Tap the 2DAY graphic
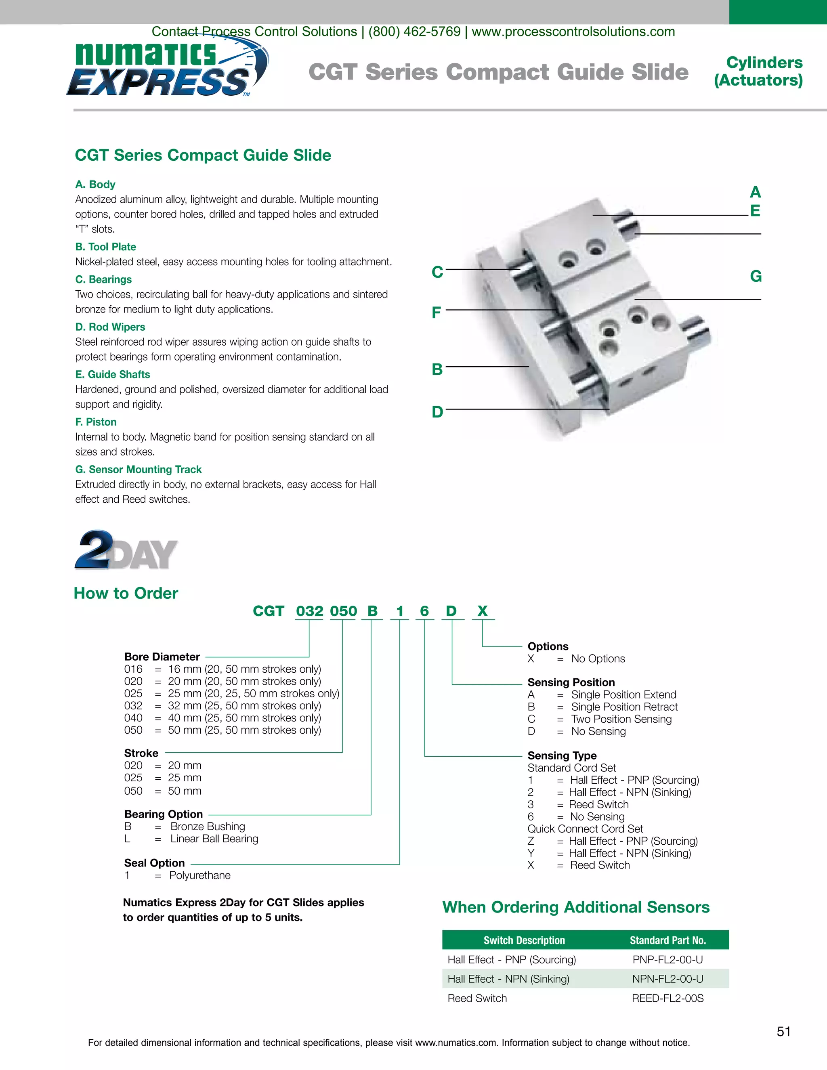126,550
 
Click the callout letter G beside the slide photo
756,276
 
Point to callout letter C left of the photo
437,272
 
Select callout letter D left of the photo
437,411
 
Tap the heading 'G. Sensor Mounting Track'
138,469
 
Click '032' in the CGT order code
309,611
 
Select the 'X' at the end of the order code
483,611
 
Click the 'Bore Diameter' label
162,657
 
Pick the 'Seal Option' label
154,863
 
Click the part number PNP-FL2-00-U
667,959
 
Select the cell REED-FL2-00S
667,998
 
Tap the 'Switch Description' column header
524,940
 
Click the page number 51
783,1031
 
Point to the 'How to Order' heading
126,593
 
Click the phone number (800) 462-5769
414,32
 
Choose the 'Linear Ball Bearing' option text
214,839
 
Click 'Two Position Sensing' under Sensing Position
621,719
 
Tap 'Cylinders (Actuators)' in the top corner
758,71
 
